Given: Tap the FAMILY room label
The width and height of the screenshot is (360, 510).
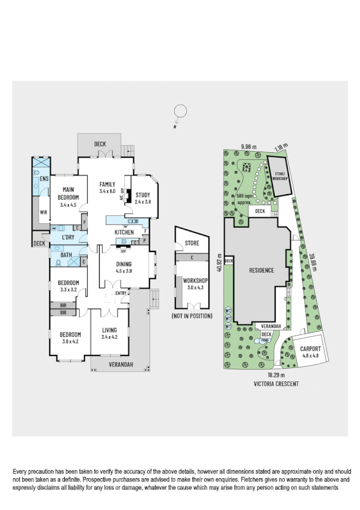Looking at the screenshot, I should [108, 185].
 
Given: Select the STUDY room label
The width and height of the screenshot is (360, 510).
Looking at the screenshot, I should [142, 195].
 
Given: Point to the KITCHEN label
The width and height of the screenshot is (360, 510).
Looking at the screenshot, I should [124, 232].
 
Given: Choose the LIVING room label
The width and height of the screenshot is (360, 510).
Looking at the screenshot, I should [109, 330].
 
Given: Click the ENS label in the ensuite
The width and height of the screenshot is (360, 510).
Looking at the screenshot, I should [43, 179].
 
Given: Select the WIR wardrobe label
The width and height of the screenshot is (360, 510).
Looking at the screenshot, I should [43, 212].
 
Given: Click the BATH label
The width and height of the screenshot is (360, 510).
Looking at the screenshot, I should [66, 255].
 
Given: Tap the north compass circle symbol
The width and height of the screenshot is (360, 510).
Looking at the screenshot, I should [178, 111].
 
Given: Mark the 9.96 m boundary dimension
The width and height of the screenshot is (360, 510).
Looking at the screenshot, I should [248, 146].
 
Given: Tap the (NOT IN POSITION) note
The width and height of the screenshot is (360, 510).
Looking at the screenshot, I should [191, 316].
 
